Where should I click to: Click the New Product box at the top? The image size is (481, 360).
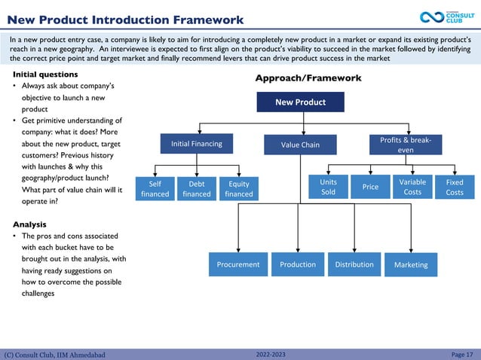coord(300,102)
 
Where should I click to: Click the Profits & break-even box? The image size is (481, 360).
coord(406,145)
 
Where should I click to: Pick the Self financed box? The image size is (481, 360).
coord(155,188)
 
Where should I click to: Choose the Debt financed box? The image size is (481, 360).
coord(197,188)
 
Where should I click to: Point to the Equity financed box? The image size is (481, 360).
coord(239,188)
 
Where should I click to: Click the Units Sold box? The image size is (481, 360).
coord(329,187)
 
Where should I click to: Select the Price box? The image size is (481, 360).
coord(370,187)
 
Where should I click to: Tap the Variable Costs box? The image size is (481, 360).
coord(412,187)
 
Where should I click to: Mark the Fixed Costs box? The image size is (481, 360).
coord(455,187)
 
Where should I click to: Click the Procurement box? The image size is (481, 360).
coord(238,264)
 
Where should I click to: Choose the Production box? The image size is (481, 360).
coord(298,264)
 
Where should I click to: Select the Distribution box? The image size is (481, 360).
coord(354,264)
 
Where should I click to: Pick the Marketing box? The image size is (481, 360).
coord(411,264)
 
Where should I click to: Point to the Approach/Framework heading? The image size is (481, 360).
coord(308,78)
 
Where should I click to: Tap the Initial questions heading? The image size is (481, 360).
coord(45,75)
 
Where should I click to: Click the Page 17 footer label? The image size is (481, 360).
coord(461,354)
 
